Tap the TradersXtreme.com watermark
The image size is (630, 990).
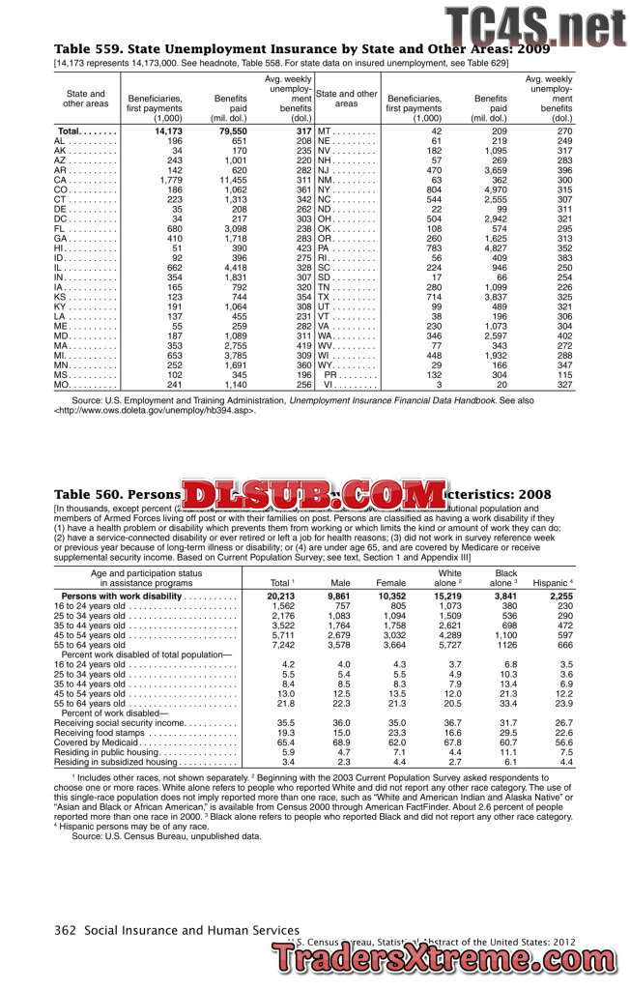[449, 958]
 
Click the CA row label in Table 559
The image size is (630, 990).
[61, 181]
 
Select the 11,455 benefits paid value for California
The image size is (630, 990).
[233, 181]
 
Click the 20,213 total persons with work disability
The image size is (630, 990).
[281, 597]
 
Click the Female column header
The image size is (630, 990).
[390, 583]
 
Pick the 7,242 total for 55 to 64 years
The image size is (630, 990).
[281, 644]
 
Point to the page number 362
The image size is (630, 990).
[65, 929]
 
